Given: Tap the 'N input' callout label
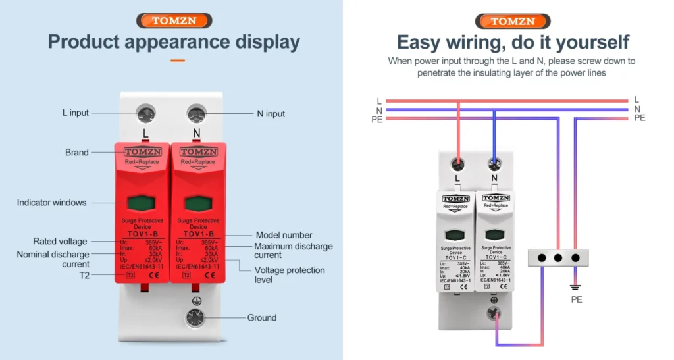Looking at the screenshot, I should pos(271,114).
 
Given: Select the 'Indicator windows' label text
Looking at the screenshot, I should pos(51,203).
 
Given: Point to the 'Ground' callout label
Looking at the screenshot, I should pos(262,318).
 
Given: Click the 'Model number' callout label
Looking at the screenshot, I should pos(284,235).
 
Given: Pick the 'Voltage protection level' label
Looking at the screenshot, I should pos(290,275).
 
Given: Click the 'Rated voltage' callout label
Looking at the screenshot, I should pos(60,242).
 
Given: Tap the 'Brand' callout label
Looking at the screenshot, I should pos(76,152).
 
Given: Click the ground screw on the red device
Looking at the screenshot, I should pos(194,317).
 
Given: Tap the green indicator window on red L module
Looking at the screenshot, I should pos(145,202).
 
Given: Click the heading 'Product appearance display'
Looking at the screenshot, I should pos(174,42).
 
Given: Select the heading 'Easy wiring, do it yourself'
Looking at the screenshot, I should pos(513,42).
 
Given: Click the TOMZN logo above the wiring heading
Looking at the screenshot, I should pos(513,20).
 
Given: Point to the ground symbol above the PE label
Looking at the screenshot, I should pos(577,287).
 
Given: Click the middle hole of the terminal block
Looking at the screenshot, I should pos(559,258).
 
